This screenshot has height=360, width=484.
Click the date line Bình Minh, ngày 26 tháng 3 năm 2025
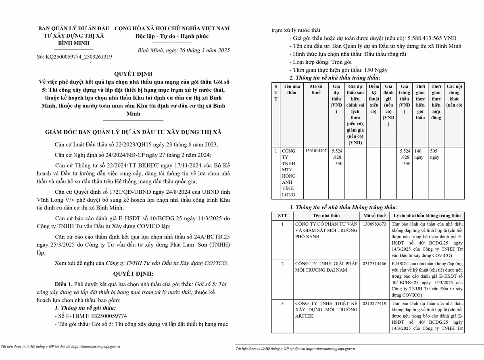click(x=184, y=50)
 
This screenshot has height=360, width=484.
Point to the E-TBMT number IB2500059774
click(x=107, y=316)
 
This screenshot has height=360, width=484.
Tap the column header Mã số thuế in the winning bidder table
click(x=316, y=90)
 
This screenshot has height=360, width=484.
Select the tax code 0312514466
click(x=374, y=264)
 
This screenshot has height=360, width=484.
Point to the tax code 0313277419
click(x=374, y=303)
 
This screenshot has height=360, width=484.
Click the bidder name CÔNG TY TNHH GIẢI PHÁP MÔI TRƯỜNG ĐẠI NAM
click(x=326, y=267)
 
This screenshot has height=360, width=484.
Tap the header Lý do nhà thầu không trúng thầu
click(x=428, y=216)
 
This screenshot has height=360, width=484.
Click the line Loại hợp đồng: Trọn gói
click(x=320, y=62)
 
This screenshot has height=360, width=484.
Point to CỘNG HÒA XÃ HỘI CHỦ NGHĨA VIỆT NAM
click(x=172, y=28)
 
